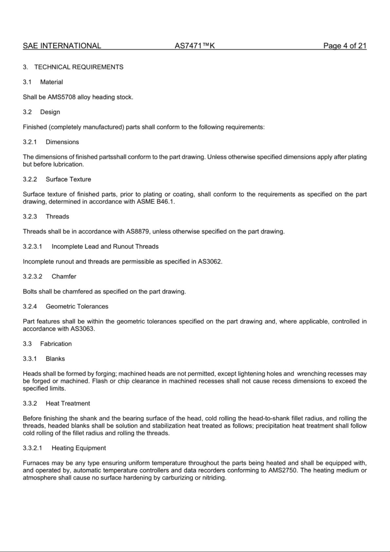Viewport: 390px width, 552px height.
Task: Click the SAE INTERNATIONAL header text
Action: (x=62, y=46)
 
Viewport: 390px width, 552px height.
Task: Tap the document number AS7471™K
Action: (x=195, y=46)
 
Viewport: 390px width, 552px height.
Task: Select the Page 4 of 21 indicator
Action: (x=345, y=46)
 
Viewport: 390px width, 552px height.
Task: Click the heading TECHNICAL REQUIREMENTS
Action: (x=79, y=67)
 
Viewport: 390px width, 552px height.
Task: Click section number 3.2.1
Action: (x=30, y=142)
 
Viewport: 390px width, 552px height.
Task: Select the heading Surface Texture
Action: (x=68, y=180)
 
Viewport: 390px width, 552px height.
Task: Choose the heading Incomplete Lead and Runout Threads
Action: (x=105, y=247)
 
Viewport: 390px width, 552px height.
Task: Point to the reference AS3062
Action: (x=210, y=262)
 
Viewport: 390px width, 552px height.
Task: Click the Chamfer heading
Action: (x=64, y=276)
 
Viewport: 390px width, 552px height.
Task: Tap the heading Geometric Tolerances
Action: (x=77, y=307)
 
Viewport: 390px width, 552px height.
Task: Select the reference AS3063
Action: (x=82, y=329)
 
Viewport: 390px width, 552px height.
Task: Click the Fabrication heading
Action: (x=56, y=344)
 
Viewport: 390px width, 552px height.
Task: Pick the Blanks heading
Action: (x=55, y=359)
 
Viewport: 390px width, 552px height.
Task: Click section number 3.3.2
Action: (x=30, y=404)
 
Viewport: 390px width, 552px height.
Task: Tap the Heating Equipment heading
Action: (x=79, y=448)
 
